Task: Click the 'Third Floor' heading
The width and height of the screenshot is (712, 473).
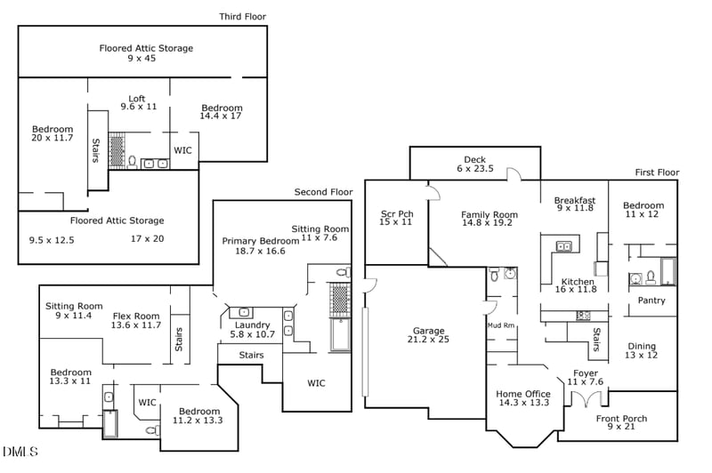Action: click(242, 17)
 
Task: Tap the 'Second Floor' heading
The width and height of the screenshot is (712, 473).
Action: click(323, 192)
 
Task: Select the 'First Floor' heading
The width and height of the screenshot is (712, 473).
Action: click(657, 172)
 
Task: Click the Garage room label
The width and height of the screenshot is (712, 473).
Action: click(429, 331)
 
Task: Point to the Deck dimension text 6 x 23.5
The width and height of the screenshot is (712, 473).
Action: click(475, 169)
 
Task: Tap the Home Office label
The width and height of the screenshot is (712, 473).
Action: click(523, 394)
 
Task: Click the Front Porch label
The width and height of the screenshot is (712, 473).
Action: click(621, 419)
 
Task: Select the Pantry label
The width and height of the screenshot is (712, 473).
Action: click(651, 301)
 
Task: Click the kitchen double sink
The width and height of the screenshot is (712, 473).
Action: click(564, 246)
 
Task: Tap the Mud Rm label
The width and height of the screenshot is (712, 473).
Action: click(501, 325)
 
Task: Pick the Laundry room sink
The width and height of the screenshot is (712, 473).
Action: click(244, 312)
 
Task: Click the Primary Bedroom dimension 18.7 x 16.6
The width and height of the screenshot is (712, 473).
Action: click(260, 252)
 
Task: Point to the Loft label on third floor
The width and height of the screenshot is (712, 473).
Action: click(137, 99)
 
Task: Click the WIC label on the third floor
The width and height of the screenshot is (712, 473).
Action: click(182, 150)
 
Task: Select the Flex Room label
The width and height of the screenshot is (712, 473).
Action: click(136, 317)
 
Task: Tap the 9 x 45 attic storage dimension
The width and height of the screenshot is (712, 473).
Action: click(142, 58)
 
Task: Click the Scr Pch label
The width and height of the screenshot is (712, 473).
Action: click(397, 213)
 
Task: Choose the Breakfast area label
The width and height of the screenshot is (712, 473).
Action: click(575, 200)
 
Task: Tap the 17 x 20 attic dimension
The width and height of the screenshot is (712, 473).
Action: click(148, 238)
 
